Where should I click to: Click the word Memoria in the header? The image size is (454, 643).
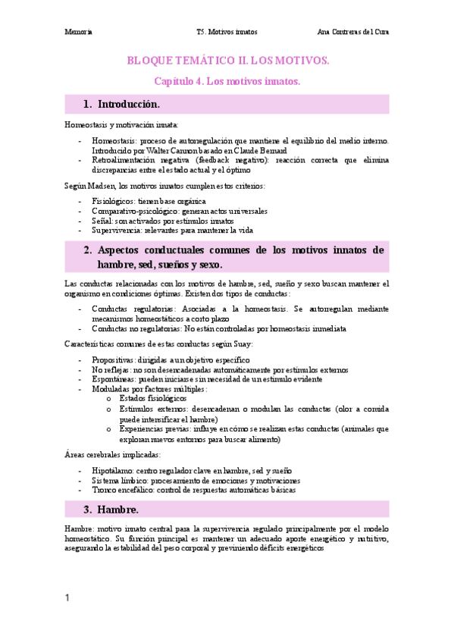pyautogui.click(x=78, y=33)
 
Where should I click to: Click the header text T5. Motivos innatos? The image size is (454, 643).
pyautogui.click(x=227, y=33)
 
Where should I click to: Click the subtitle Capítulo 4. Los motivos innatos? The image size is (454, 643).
pyautogui.click(x=227, y=80)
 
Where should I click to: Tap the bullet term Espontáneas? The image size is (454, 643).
pyautogui.click(x=114, y=379)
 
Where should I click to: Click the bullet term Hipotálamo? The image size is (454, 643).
pyautogui.click(x=113, y=470)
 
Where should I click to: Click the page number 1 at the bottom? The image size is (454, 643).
pyautogui.click(x=67, y=599)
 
